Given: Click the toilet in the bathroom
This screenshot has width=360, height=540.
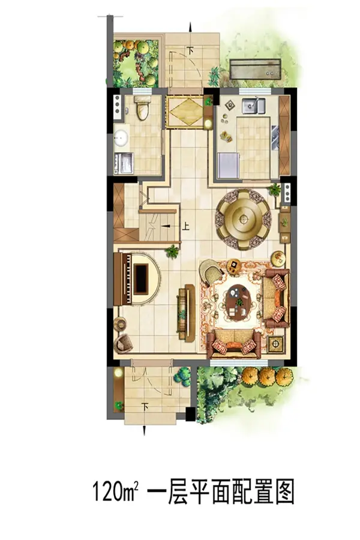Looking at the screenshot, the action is (x=143, y=107).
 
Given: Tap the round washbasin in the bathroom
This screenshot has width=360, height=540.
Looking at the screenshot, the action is (x=121, y=138).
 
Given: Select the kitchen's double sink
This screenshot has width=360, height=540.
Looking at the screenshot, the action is (x=253, y=106).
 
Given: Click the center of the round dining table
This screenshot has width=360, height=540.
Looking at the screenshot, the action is (x=244, y=218).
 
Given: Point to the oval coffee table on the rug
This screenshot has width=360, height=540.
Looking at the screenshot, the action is (x=238, y=302).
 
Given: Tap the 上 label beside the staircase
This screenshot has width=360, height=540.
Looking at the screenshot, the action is (x=185, y=226).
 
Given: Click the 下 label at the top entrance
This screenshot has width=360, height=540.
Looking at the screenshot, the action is (x=190, y=50).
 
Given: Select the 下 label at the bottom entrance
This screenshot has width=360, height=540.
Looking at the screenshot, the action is (x=145, y=406).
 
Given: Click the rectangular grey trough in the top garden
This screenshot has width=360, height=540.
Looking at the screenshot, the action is (x=255, y=69).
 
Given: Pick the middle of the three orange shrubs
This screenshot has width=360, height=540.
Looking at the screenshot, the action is (x=267, y=376).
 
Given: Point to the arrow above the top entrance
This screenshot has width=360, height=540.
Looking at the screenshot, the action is (x=190, y=27).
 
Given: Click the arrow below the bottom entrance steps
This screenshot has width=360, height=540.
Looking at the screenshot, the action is (x=145, y=430).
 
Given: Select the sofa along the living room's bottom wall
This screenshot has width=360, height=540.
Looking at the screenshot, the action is (x=234, y=344).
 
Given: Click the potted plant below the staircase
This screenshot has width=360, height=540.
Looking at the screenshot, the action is (x=172, y=252).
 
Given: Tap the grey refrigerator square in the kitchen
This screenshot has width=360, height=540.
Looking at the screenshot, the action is (x=229, y=166).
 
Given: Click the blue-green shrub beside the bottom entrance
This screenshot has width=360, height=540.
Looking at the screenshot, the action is (x=182, y=376).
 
